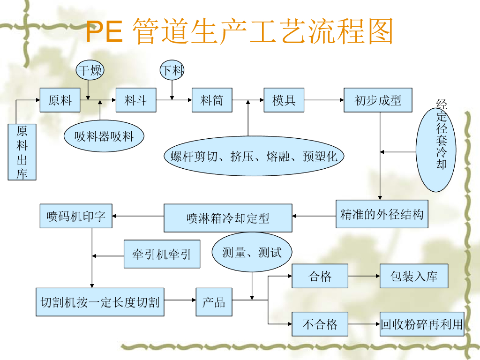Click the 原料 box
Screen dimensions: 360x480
click(60, 100)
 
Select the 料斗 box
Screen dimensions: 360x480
click(136, 100)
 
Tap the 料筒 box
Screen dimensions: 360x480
click(212, 100)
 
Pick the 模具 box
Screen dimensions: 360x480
click(284, 100)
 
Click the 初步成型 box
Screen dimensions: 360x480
click(378, 100)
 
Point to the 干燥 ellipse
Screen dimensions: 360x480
click(90, 71)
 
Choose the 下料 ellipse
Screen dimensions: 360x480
click(172, 71)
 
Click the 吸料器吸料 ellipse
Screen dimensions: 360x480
click(104, 136)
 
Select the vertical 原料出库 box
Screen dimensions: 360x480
click(22, 152)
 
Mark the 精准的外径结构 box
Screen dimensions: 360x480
click(382, 214)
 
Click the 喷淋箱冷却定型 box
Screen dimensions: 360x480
click(228, 218)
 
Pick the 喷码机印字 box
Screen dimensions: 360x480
click(76, 216)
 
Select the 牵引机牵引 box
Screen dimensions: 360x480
click(162, 255)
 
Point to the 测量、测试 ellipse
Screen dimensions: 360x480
click(252, 253)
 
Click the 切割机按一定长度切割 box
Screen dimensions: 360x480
click(100, 302)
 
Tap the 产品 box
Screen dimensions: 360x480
click(214, 302)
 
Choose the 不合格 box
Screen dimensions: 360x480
click(320, 324)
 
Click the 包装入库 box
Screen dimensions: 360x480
click(414, 276)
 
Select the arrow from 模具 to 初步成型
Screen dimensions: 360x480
click(324, 100)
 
